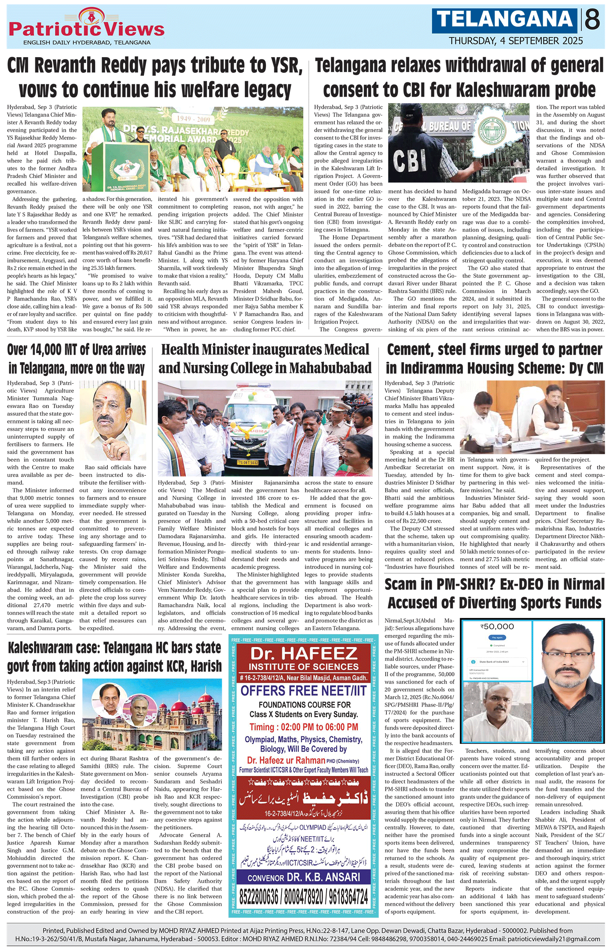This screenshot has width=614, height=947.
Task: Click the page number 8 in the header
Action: [x=592, y=20]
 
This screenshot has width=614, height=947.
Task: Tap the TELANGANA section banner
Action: [x=505, y=20]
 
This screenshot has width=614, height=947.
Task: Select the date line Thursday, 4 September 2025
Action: [x=516, y=41]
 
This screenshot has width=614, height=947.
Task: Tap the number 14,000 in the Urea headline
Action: [x=43, y=350]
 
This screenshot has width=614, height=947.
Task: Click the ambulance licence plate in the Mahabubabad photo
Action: [x=248, y=463]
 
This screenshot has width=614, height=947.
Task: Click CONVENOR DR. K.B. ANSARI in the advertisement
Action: [x=304, y=877]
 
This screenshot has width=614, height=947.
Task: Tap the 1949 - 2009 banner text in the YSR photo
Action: [x=193, y=119]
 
